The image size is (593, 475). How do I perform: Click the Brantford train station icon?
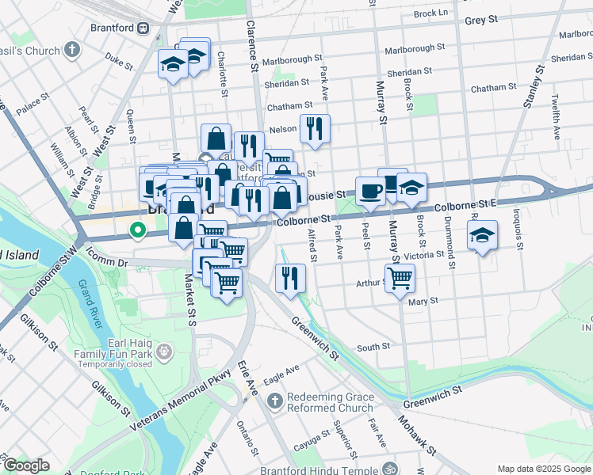(x=143, y=28)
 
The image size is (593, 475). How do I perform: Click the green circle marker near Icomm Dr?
(x=137, y=231)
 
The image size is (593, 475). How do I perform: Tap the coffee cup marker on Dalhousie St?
(x=370, y=192)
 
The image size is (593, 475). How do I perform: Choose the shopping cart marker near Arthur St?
(x=400, y=278)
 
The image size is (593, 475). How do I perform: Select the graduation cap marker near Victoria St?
(x=482, y=235)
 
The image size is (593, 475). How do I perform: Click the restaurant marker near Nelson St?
(x=315, y=127)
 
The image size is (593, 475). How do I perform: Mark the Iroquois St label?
(x=518, y=230)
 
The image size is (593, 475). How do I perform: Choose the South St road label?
(x=373, y=347)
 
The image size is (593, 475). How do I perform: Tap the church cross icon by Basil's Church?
(x=72, y=51)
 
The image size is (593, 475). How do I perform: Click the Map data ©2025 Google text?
(x=543, y=469)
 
